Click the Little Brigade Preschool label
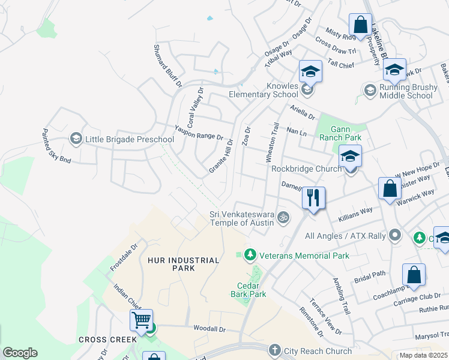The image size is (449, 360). click(x=129, y=140)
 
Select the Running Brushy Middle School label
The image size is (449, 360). click(x=406, y=91)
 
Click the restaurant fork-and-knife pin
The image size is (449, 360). click(x=313, y=198)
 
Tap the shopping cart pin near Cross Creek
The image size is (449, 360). click(x=141, y=321)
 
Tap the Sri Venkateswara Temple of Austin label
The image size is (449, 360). click(x=241, y=218)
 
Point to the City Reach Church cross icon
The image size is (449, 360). click(x=275, y=350)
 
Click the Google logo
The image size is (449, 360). click(x=20, y=353)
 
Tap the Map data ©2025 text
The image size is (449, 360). click(x=423, y=355)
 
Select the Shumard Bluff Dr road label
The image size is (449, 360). click(x=167, y=65)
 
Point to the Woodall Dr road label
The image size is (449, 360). click(x=209, y=329)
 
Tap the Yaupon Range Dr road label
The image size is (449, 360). click(x=199, y=132)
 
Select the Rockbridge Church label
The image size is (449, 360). click(x=306, y=169)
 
